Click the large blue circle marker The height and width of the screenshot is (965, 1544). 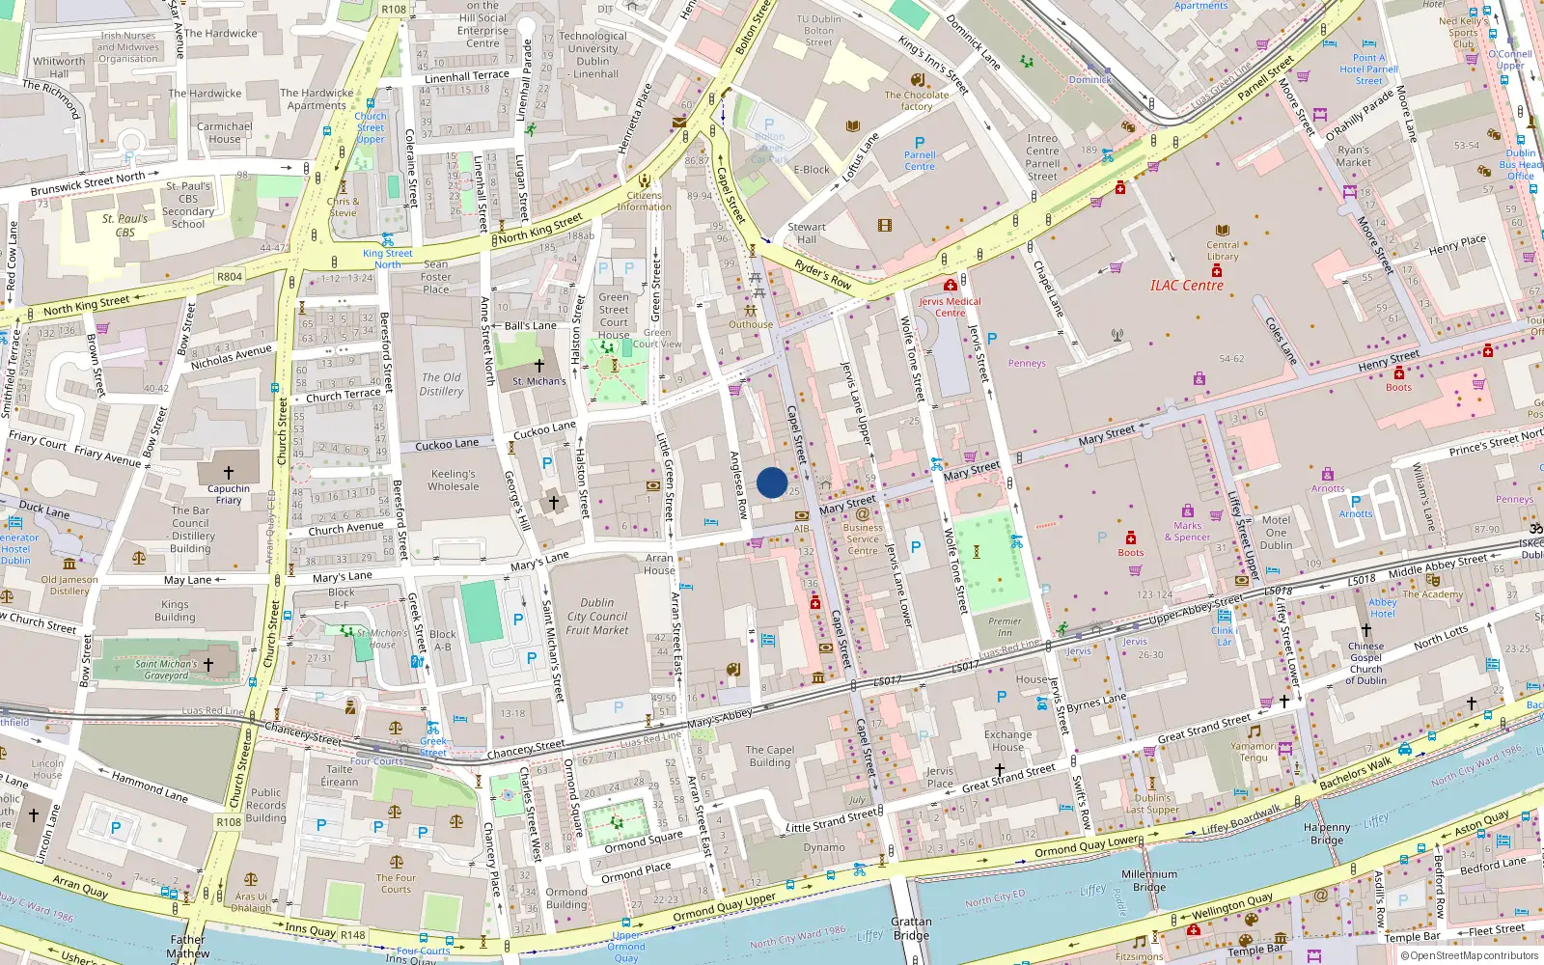point(772,482)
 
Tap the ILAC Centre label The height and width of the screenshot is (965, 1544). point(1186,286)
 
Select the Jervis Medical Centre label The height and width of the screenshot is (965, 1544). point(950,307)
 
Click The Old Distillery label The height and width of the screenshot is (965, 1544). point(441,384)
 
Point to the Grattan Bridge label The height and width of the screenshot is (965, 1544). point(911,928)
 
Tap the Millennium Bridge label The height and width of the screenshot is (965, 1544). point(1149,880)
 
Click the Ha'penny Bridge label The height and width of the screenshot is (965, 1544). point(1327,834)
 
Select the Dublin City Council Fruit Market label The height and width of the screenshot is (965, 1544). point(597,617)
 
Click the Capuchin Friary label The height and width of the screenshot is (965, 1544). point(229,494)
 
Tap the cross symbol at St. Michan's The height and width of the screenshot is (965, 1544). point(538,366)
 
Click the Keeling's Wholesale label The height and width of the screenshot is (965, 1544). point(454,480)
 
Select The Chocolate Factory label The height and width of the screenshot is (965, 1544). point(917,100)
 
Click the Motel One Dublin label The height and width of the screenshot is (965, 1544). point(1276,532)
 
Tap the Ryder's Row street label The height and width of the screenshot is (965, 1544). point(823,275)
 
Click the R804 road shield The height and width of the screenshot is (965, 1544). point(230,277)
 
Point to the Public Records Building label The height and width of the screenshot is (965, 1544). point(265,805)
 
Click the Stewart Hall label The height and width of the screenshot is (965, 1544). point(807,233)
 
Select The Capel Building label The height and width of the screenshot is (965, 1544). point(770,756)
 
